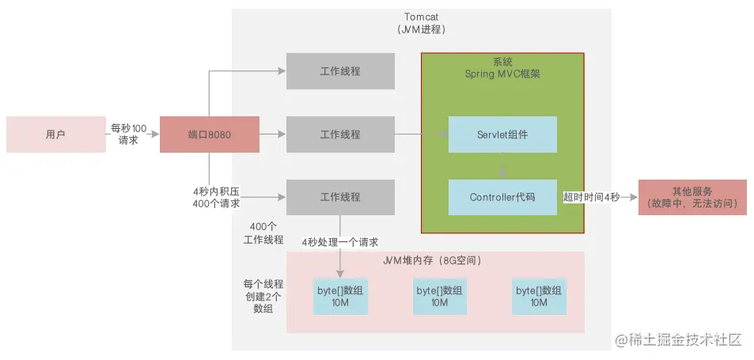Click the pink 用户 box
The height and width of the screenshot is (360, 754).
tap(55, 135)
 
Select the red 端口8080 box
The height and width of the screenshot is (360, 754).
tap(210, 135)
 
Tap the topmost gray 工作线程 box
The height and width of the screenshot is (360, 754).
tap(340, 71)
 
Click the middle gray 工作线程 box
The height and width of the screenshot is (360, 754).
tap(340, 135)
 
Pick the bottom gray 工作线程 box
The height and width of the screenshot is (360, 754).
tap(340, 197)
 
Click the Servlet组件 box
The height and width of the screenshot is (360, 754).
tap(502, 135)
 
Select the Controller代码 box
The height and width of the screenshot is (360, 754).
tap(502, 197)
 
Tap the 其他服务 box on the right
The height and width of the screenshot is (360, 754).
tap(692, 197)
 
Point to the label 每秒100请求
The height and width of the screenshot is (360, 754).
tap(129, 134)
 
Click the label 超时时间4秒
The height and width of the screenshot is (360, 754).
tap(591, 197)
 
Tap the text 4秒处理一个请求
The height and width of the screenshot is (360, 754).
tap(339, 241)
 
